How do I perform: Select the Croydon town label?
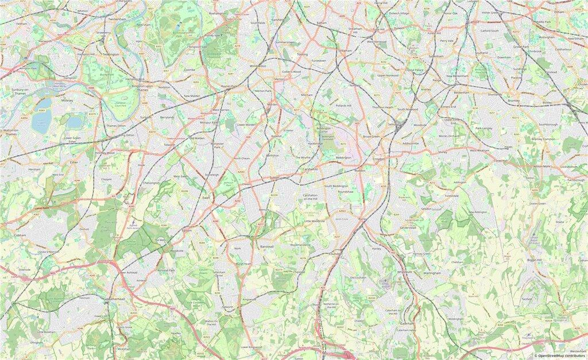point(378,158)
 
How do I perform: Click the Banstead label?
point(268,246)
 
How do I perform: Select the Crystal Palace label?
point(415,70)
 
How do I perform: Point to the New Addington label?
point(477,212)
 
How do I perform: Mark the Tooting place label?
point(302,54)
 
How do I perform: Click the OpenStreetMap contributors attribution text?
point(560,356)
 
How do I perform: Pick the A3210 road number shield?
point(152,131)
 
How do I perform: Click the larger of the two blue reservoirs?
point(41,118)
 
